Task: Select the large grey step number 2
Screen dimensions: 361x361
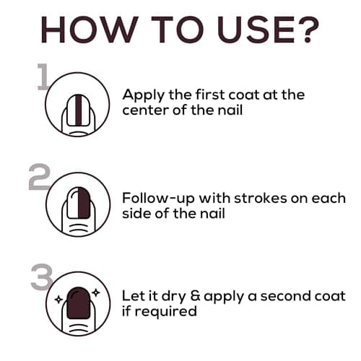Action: (x=40, y=178)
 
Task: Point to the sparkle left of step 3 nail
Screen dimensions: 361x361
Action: (x=56, y=297)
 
